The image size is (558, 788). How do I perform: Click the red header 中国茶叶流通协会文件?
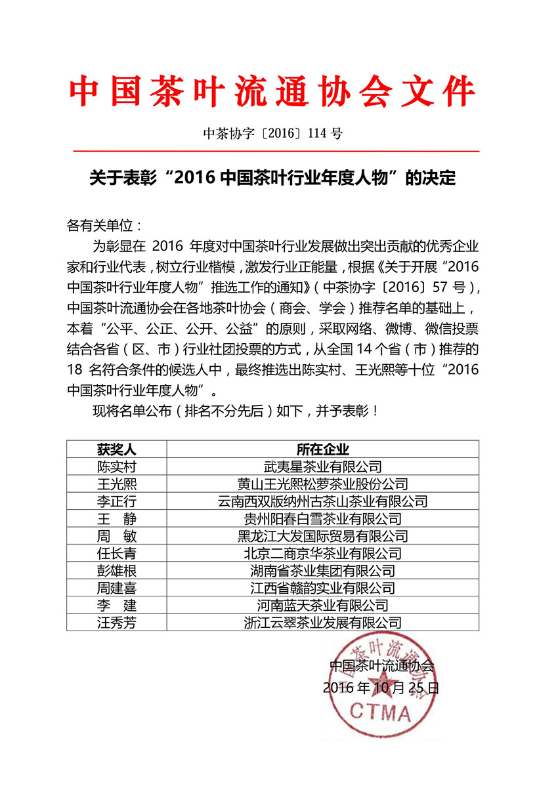click(272, 92)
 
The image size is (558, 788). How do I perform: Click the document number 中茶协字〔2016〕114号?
click(272, 134)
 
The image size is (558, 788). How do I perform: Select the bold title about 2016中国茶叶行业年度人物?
click(272, 178)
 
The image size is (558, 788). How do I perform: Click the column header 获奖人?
click(116, 449)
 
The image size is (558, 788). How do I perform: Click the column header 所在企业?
click(322, 449)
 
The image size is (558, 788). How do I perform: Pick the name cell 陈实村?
click(116, 467)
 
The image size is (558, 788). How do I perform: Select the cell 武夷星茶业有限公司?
click(322, 467)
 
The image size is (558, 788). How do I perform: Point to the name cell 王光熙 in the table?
click(116, 484)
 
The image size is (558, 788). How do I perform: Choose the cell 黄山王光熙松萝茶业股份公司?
click(322, 484)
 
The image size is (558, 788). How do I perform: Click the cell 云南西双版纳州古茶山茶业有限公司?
click(322, 501)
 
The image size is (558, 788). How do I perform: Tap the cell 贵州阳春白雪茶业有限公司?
click(322, 519)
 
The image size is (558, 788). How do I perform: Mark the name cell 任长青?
click(116, 553)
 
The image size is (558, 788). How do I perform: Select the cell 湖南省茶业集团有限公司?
click(322, 571)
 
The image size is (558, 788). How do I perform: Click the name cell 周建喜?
click(116, 588)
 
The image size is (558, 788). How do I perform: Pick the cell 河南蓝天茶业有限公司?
click(322, 605)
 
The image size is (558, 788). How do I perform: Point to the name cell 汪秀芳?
click(116, 623)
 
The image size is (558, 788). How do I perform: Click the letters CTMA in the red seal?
click(380, 712)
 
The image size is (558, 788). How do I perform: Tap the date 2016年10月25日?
click(381, 688)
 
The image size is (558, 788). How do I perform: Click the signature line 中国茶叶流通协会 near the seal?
click(381, 665)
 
